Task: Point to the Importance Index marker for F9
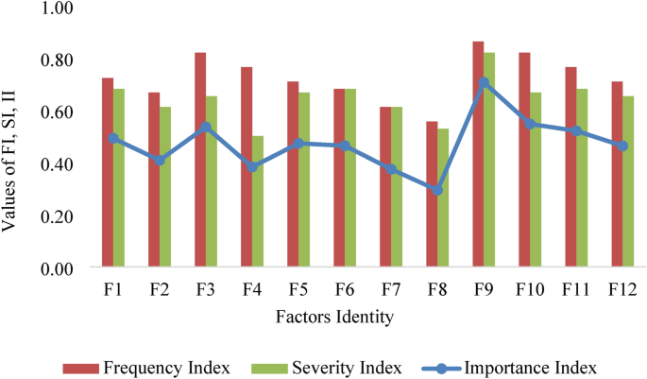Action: tap(483, 83)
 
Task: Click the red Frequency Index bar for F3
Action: tap(200, 160)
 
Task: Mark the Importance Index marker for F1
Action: tap(113, 139)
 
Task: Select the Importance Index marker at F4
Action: tap(251, 167)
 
